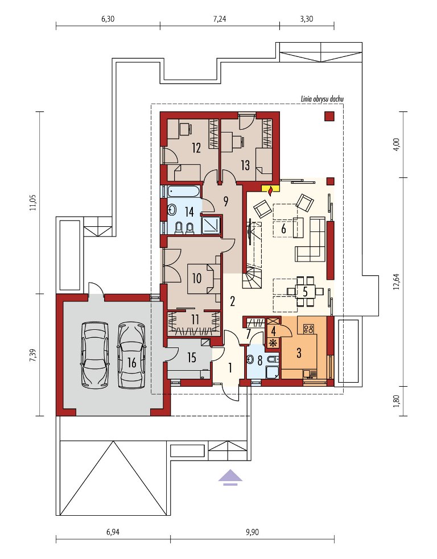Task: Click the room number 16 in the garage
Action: pyautogui.click(x=131, y=363)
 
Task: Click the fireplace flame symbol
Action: pyautogui.click(x=271, y=190)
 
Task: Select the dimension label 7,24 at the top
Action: pyautogui.click(x=220, y=19)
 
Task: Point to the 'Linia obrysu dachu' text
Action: pyautogui.click(x=322, y=99)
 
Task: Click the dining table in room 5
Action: pyautogui.click(x=305, y=291)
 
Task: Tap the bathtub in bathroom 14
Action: pyautogui.click(x=182, y=191)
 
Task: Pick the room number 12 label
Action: pyautogui.click(x=196, y=148)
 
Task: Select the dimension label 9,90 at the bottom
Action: pyautogui.click(x=253, y=532)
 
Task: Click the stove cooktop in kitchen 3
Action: pyautogui.click(x=308, y=328)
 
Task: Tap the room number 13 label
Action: pyautogui.click(x=245, y=165)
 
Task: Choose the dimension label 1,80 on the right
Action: pyautogui.click(x=399, y=401)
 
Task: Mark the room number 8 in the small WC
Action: pyautogui.click(x=259, y=361)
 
